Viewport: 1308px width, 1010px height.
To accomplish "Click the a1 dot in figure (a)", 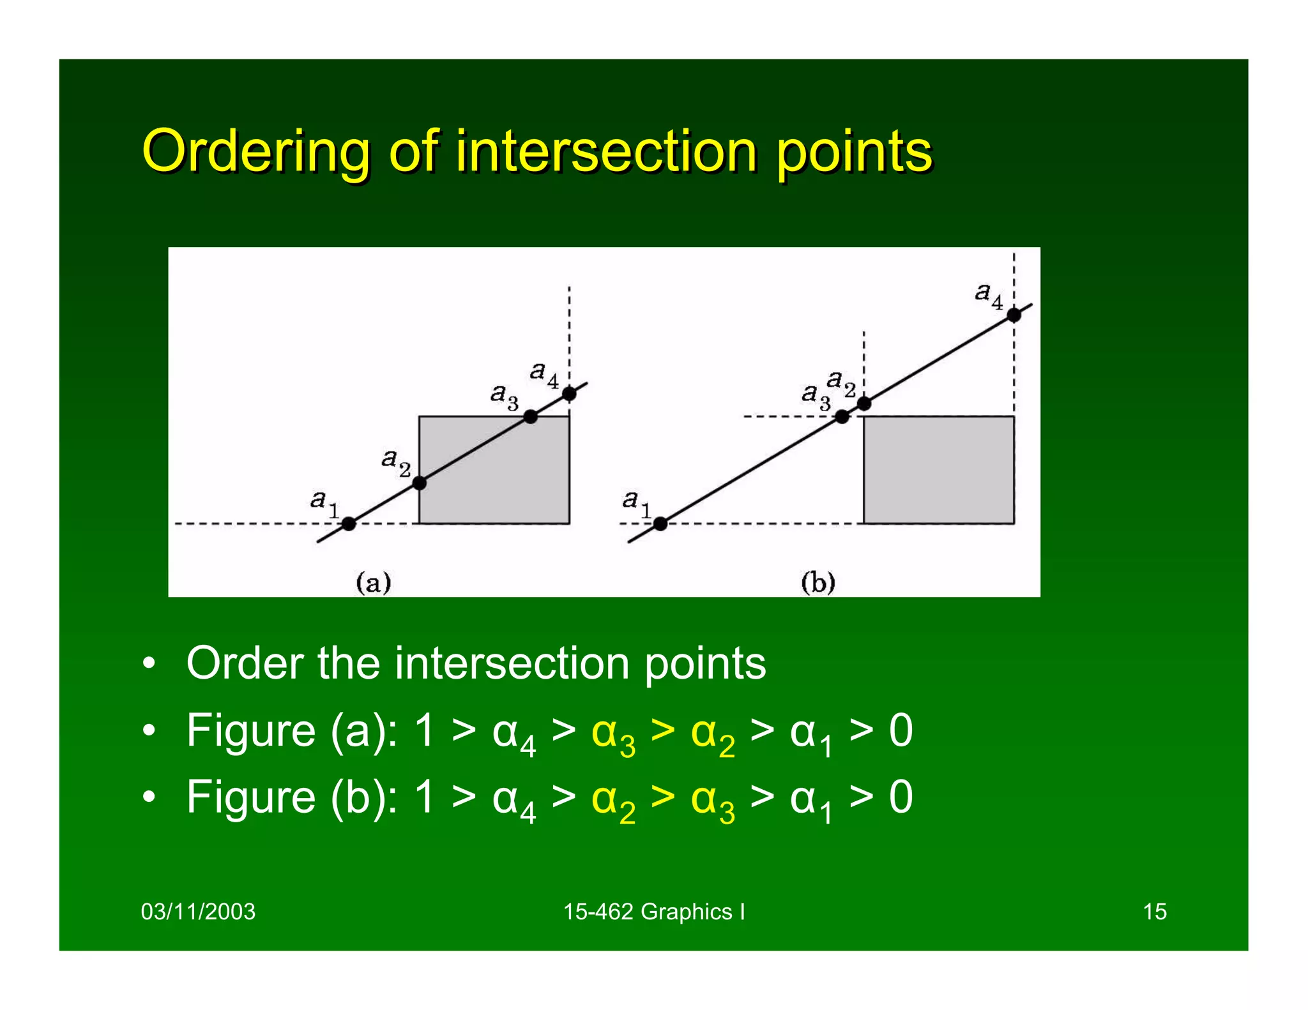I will point(348,524).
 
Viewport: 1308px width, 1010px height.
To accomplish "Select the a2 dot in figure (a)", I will point(419,483).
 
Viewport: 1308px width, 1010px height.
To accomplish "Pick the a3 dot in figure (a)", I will point(530,417).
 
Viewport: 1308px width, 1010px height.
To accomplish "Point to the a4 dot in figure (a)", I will point(569,394).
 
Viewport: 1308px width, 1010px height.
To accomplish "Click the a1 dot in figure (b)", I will point(660,524).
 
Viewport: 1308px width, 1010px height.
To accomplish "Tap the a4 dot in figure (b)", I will point(1014,315).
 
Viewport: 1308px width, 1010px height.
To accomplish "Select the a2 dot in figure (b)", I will point(863,403).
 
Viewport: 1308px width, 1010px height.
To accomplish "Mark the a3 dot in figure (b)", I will point(842,417).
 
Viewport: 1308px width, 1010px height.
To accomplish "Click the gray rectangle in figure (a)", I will point(505,485).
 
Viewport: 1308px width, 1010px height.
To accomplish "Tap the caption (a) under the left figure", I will point(373,583).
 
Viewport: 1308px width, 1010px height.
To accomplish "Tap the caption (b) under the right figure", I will point(817,583).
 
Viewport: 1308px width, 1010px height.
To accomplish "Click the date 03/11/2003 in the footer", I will point(198,912).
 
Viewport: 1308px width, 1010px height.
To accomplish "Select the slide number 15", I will point(1154,912).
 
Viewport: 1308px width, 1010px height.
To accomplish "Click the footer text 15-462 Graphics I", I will point(653,912).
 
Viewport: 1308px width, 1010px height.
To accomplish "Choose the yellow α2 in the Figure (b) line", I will point(612,801).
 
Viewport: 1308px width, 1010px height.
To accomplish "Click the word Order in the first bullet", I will point(245,664).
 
